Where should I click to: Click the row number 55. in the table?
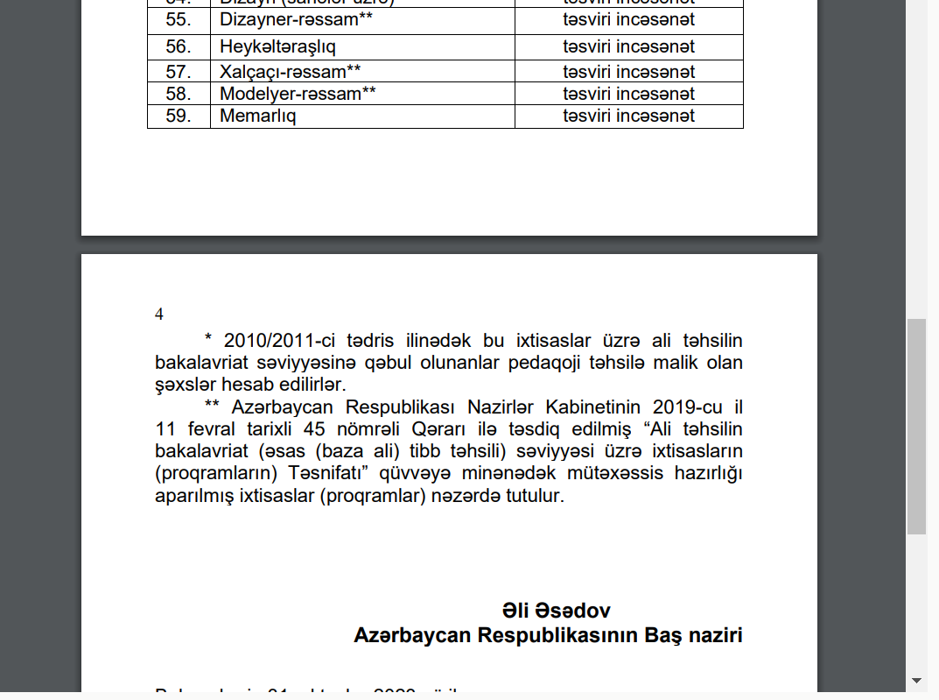click(179, 19)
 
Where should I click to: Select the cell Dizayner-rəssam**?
click(290, 19)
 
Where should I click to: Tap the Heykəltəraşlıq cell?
click(277, 46)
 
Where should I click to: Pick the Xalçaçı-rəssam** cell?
click(290, 72)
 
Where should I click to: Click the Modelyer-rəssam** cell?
click(298, 94)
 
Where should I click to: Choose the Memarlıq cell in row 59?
click(257, 116)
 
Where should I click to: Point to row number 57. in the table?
click(179, 72)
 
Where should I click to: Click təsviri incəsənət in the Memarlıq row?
click(628, 116)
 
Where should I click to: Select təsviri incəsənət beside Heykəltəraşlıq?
click(628, 46)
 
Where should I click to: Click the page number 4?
click(159, 315)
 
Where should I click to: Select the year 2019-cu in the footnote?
click(676, 407)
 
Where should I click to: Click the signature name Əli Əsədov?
click(556, 611)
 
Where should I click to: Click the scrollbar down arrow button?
click(916, 680)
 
